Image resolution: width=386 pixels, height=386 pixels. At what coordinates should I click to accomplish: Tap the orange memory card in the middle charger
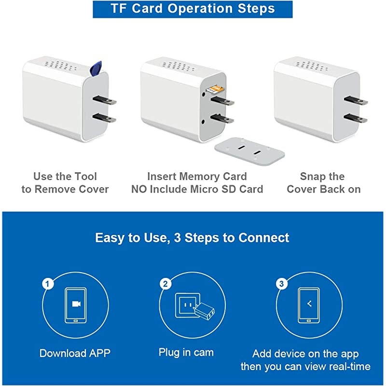[x=215, y=89]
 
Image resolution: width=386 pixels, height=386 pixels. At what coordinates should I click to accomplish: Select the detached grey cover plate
[x=249, y=151]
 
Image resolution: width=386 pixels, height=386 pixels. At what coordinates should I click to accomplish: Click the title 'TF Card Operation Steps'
[x=193, y=9]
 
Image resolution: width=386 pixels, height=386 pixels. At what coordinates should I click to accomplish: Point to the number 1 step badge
[x=48, y=284]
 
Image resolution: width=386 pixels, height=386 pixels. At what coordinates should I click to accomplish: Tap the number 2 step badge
[x=165, y=284]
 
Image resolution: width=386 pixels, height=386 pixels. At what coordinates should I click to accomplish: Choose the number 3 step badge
[x=282, y=284]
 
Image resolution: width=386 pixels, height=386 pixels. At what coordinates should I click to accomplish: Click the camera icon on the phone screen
[x=76, y=304]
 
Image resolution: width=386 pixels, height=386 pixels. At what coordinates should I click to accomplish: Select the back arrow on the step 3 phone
[x=309, y=304]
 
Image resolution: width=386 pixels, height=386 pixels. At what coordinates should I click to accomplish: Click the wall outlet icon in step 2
[x=186, y=305]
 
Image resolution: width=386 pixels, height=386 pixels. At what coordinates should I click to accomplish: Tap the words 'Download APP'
[x=75, y=353]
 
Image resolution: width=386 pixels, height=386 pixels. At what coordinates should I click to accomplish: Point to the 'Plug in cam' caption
[x=186, y=353]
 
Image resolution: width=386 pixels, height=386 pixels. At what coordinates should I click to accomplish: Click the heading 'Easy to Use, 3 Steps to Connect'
[x=192, y=238]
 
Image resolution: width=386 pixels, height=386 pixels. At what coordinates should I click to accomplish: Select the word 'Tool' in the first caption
[x=85, y=177]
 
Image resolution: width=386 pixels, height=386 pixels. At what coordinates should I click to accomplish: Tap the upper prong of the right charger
[x=356, y=100]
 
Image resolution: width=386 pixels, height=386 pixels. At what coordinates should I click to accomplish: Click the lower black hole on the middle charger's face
[x=203, y=122]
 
